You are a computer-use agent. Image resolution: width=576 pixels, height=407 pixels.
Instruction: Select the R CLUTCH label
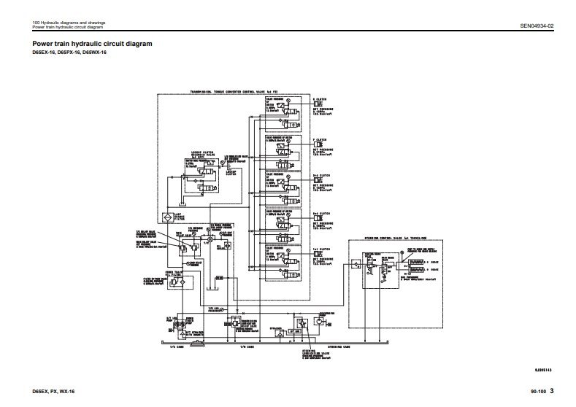(x=319, y=99)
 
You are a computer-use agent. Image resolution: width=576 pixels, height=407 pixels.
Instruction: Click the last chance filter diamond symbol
(x=167, y=217)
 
